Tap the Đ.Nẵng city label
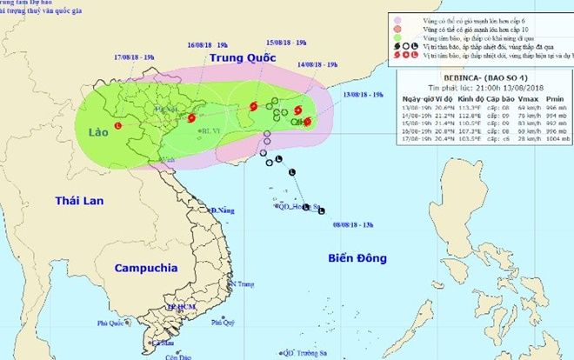point(224,210)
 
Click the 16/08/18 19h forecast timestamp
point(206,43)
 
